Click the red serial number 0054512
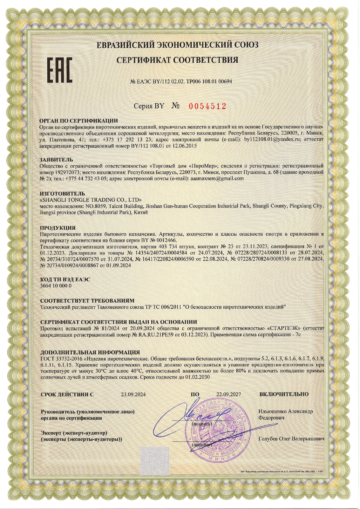[x=207, y=106]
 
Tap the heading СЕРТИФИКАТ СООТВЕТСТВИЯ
[x=177, y=60]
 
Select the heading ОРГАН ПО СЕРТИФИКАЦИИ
[x=79, y=121]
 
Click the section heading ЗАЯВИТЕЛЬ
[x=57, y=160]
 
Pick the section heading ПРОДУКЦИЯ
[x=58, y=228]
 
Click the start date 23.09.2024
[x=133, y=394]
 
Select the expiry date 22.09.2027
[x=229, y=394]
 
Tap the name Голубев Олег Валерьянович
[x=291, y=439]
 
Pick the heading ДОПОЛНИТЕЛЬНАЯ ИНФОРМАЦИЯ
[x=90, y=352]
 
